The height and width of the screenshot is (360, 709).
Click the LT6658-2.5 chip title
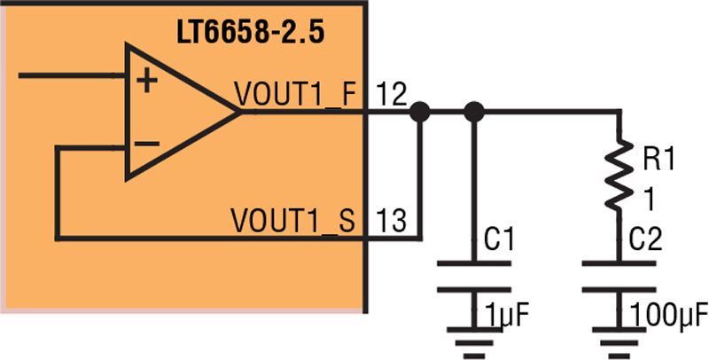[x=251, y=34]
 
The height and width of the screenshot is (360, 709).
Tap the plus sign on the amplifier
[x=147, y=82]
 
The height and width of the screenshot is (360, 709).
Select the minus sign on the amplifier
[x=147, y=144]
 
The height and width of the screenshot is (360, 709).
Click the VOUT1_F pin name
[x=296, y=95]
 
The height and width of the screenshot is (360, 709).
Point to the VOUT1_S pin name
[x=292, y=220]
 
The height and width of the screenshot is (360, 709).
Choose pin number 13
[x=391, y=220]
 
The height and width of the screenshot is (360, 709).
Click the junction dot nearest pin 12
[x=419, y=112]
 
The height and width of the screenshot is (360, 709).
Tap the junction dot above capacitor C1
[x=474, y=112]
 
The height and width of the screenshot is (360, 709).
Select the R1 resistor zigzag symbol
[x=619, y=174]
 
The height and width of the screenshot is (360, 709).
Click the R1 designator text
[x=658, y=160]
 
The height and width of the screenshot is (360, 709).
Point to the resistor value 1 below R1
[x=649, y=200]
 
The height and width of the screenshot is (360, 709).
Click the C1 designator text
[x=499, y=239]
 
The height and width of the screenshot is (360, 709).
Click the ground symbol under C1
[x=474, y=343]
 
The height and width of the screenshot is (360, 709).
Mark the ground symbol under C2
[x=619, y=343]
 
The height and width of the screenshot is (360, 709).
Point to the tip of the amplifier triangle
[x=238, y=112]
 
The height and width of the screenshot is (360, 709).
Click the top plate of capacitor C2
[x=619, y=262]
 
